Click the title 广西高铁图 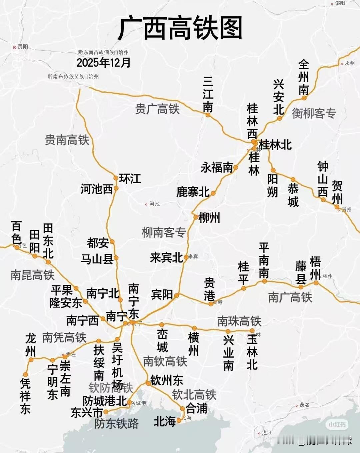(180, 28)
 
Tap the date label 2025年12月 (103, 62)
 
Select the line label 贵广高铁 (157, 109)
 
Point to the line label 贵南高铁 (67, 140)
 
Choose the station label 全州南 (303, 77)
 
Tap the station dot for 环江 (116, 178)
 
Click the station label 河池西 (97, 189)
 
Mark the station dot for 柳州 (196, 217)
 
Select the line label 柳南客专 (164, 232)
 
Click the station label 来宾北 (166, 257)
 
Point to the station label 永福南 (217, 168)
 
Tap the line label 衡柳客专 (314, 114)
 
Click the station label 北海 (165, 422)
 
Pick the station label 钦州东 (167, 380)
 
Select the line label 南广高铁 (290, 297)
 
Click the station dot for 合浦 (182, 409)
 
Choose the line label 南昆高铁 (32, 275)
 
